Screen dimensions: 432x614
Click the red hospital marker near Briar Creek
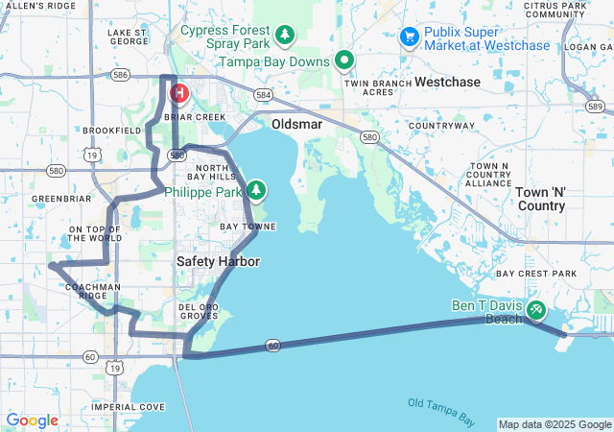click(x=178, y=93)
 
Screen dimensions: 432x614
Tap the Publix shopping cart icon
click(x=410, y=36)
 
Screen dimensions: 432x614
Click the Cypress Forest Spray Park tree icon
click(x=285, y=36)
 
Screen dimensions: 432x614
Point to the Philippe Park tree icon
click(x=256, y=190)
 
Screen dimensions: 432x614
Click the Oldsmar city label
click(x=297, y=125)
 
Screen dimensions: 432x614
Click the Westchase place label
click(x=447, y=82)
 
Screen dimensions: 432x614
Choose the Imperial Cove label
click(x=129, y=407)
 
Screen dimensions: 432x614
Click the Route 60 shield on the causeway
click(x=273, y=345)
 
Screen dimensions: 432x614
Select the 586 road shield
click(x=120, y=74)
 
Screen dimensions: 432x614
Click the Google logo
click(x=32, y=420)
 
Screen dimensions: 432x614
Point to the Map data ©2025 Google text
click(x=554, y=424)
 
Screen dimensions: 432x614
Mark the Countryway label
click(x=441, y=126)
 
